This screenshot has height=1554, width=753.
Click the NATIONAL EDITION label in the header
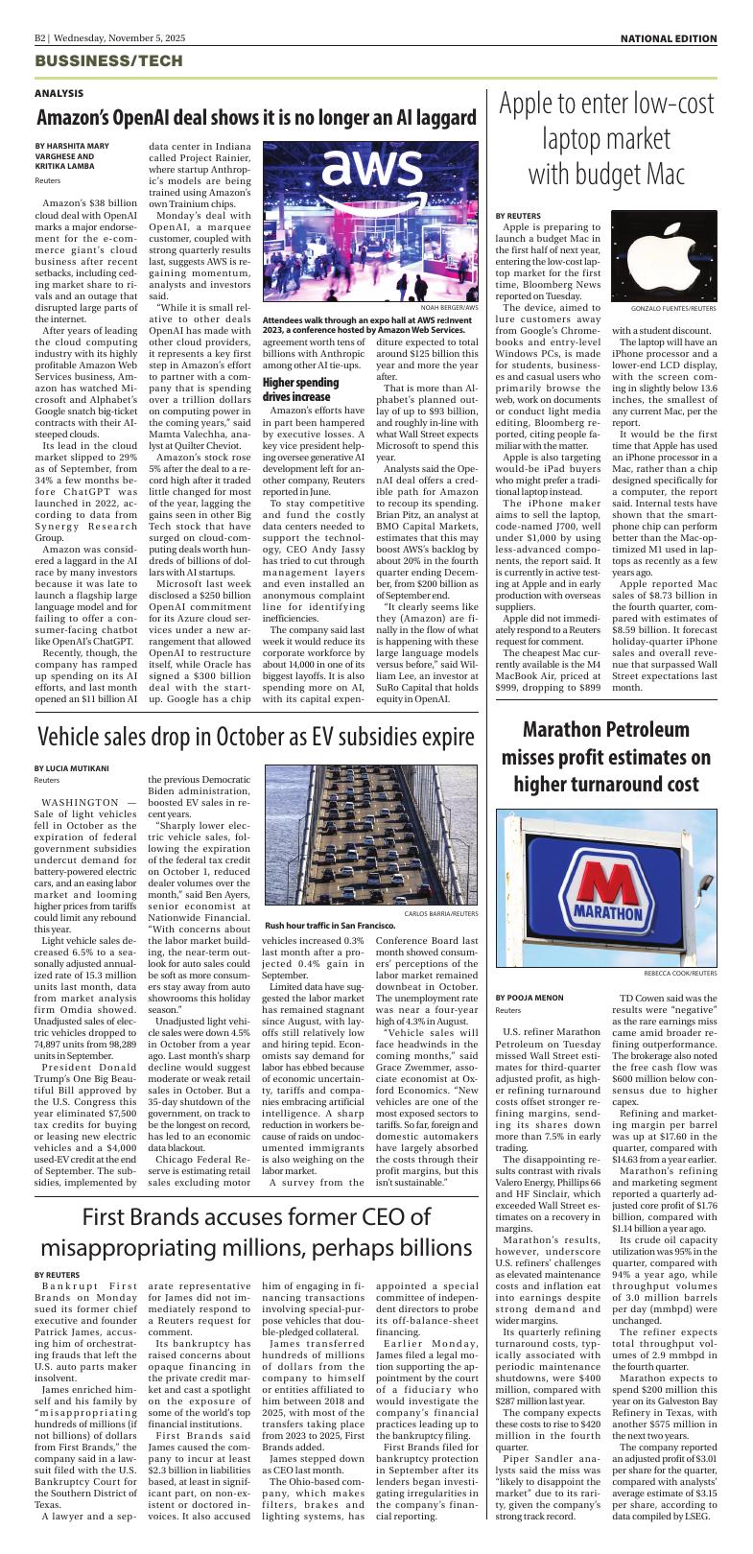click(668, 38)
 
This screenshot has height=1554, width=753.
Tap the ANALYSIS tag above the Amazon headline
click(59, 93)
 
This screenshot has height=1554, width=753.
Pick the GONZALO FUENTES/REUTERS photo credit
click(673, 309)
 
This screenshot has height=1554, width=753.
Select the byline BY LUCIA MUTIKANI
click(72, 767)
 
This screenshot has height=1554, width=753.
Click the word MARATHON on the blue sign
click(607, 907)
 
